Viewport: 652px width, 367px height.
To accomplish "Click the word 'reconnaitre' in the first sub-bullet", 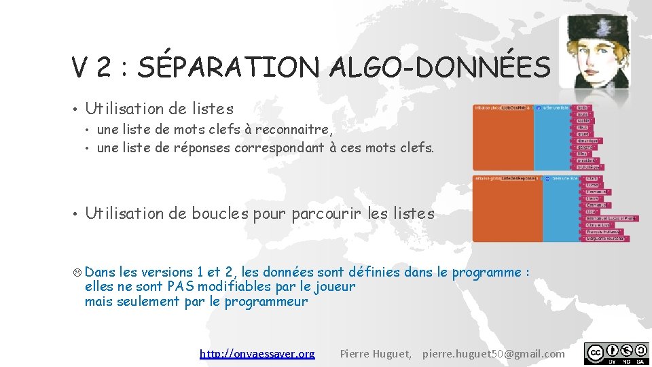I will tap(293, 129).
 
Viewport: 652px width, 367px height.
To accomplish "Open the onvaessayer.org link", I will tap(257, 353).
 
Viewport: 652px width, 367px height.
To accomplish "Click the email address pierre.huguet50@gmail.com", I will tap(493, 353).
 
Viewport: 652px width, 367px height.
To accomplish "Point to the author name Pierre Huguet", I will tap(375, 353).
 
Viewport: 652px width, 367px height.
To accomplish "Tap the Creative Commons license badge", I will tap(616, 353).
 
